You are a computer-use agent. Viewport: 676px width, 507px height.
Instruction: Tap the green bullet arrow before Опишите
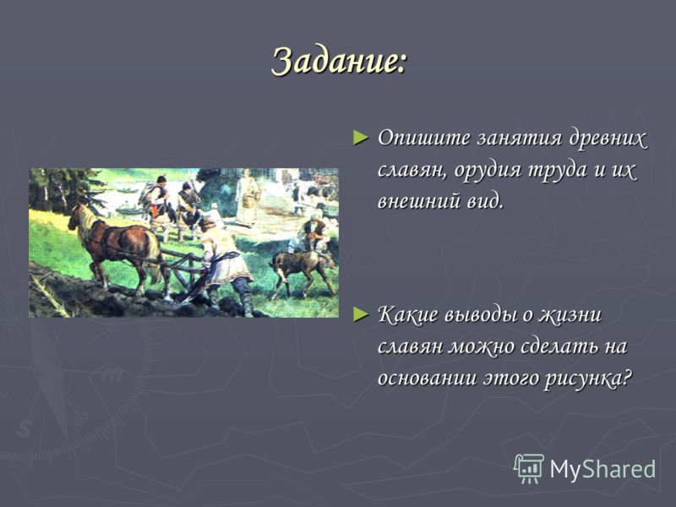pos(361,138)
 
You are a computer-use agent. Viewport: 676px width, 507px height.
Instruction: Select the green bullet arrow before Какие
pos(361,314)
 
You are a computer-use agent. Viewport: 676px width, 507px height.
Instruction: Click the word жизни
pos(569,315)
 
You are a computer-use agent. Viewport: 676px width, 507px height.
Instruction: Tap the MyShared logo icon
pos(528,469)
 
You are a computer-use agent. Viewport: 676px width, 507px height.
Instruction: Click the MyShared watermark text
pos(602,469)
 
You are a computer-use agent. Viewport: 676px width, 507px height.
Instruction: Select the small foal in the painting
pos(303,270)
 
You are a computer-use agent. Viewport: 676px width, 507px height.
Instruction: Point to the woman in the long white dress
pos(248,197)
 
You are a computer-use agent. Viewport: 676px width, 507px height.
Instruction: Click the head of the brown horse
pos(77,218)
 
